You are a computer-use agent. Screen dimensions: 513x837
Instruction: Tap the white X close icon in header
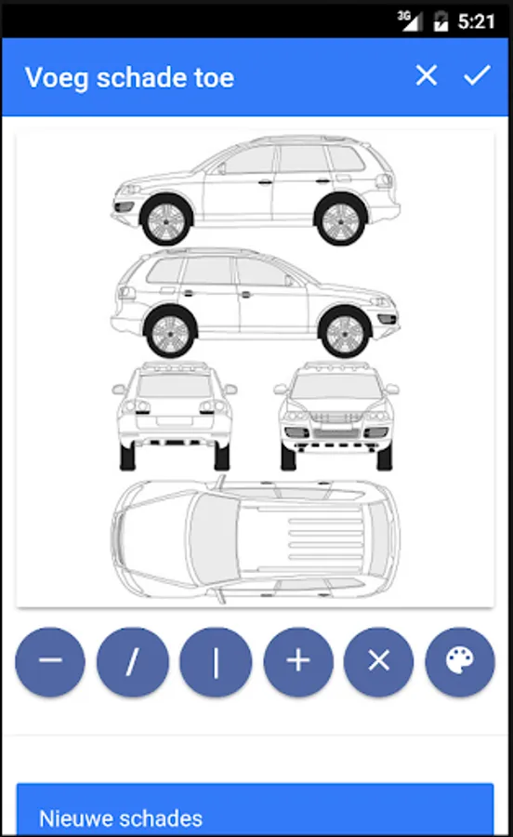pyautogui.click(x=426, y=75)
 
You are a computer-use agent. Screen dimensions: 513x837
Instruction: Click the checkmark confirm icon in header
pyautogui.click(x=477, y=75)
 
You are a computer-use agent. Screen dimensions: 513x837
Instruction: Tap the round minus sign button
pyautogui.click(x=50, y=661)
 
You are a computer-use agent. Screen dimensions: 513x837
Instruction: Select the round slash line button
pyautogui.click(x=132, y=661)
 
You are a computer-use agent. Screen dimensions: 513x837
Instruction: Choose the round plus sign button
pyautogui.click(x=298, y=661)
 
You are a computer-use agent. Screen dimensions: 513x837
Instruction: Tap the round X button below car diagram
pyautogui.click(x=378, y=661)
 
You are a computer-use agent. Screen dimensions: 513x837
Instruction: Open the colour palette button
pyautogui.click(x=460, y=661)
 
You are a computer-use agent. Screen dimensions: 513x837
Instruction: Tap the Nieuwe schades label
pyautogui.click(x=121, y=818)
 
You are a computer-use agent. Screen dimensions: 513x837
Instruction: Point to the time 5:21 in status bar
pyautogui.click(x=476, y=21)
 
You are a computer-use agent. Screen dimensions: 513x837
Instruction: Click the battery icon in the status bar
pyautogui.click(x=441, y=21)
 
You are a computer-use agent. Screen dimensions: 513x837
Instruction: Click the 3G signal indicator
pyautogui.click(x=410, y=20)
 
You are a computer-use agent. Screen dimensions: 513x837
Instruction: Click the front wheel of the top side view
pyautogui.click(x=165, y=220)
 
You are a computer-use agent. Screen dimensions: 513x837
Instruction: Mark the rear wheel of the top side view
pyautogui.click(x=341, y=220)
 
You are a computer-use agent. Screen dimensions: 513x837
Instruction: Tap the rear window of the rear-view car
pyautogui.click(x=174, y=385)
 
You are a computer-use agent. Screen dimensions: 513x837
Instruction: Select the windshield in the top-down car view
pyautogui.click(x=212, y=539)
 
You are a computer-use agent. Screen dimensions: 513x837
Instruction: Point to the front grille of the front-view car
pyautogui.click(x=335, y=417)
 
